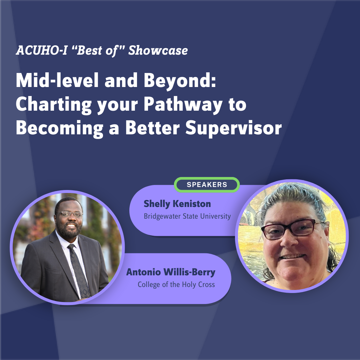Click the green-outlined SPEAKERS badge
pos(207,185)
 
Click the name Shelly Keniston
pos(177,204)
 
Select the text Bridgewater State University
pos(187,216)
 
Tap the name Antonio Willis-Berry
pos(171,272)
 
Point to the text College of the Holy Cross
pos(176,285)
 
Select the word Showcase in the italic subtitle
pos(158,51)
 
